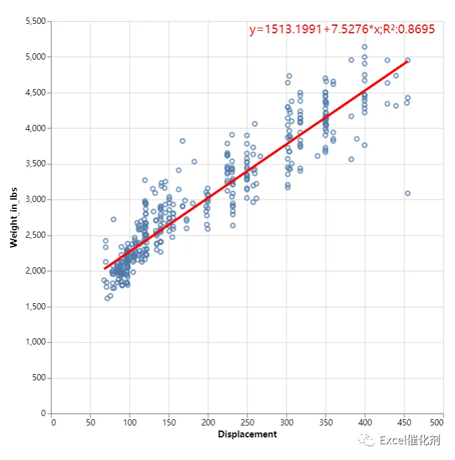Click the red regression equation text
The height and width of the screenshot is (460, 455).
(x=342, y=29)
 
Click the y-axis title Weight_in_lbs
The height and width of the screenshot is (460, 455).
(x=14, y=217)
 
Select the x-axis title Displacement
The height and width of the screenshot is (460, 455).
(x=248, y=434)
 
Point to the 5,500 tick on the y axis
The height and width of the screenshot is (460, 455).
(x=36, y=21)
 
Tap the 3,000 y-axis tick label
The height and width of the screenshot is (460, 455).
(x=36, y=200)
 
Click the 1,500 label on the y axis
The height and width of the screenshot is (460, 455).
(x=36, y=307)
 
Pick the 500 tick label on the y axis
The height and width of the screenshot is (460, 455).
(x=39, y=378)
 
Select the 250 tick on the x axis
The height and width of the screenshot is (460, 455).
(x=248, y=422)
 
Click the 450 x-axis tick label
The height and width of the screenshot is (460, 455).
(x=404, y=422)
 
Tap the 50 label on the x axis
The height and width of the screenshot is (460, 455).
(x=90, y=422)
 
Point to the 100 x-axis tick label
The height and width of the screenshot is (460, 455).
(x=130, y=422)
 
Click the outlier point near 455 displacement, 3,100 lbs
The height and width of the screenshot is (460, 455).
(x=407, y=193)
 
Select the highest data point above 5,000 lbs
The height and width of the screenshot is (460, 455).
(x=365, y=47)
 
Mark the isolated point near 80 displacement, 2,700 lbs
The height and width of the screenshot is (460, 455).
(x=113, y=220)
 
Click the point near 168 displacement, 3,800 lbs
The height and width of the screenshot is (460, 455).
(x=182, y=141)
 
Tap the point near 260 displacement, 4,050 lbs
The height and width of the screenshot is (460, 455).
(x=254, y=124)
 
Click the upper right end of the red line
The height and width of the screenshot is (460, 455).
(x=407, y=62)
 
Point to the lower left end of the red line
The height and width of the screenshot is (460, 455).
(x=105, y=269)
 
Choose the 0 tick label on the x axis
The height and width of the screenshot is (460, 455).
(x=53, y=422)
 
